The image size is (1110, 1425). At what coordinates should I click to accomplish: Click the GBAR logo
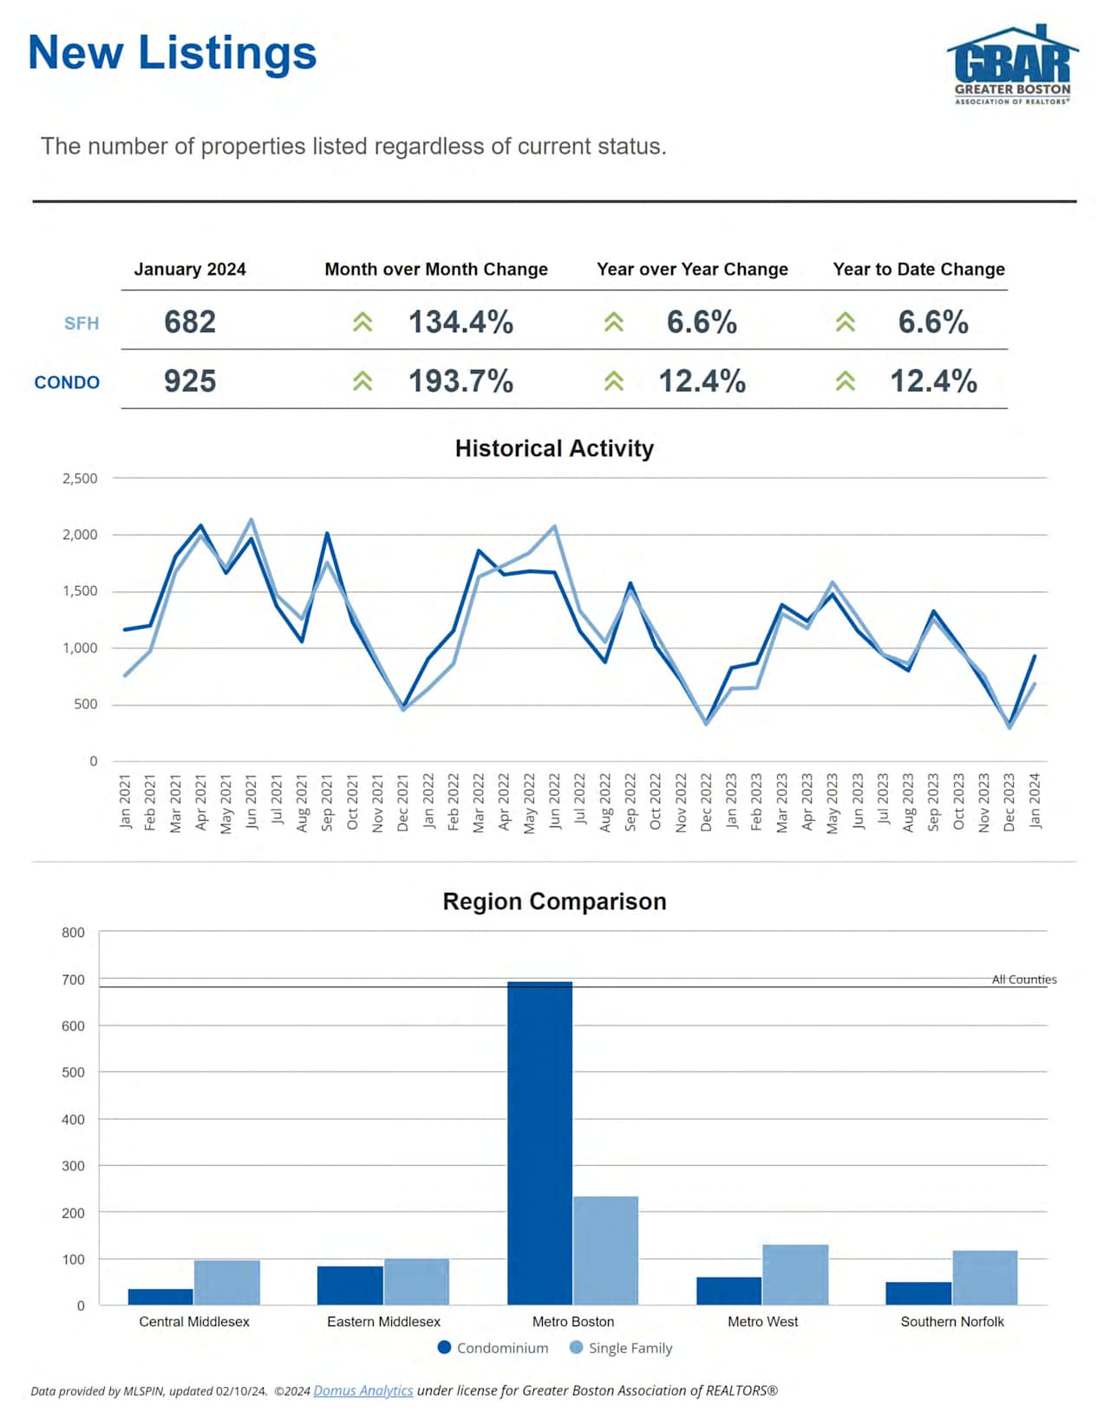[1012, 65]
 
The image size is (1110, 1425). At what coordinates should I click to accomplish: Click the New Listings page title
[172, 53]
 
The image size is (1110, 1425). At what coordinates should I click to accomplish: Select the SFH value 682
[190, 322]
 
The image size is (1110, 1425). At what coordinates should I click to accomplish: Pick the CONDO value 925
[190, 381]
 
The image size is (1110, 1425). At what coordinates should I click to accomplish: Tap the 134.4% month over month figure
[460, 322]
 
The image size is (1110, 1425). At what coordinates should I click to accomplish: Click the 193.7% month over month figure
[460, 381]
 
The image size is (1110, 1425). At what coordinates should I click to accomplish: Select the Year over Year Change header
[692, 270]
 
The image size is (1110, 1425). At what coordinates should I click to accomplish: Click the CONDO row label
[67, 382]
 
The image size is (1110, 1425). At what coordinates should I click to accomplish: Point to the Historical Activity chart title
[554, 448]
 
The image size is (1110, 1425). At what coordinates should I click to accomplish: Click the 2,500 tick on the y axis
[80, 478]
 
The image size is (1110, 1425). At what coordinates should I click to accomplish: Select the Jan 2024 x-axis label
[1035, 801]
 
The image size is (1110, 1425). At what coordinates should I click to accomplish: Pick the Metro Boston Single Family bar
[605, 1250]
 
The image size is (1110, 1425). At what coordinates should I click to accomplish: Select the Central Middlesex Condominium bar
[160, 1297]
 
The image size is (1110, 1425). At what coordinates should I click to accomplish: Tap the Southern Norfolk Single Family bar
[984, 1277]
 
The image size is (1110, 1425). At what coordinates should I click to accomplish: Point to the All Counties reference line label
[1024, 979]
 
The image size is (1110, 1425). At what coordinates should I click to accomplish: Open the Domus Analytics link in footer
[362, 1390]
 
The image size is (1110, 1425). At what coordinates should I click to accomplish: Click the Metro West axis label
[762, 1322]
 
